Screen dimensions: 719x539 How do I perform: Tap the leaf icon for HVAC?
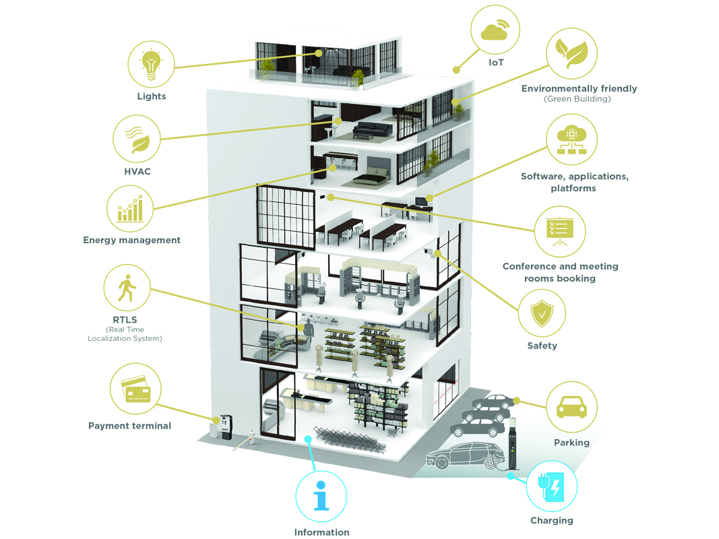tap(137, 139)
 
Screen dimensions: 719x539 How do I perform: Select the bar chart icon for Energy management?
tap(130, 209)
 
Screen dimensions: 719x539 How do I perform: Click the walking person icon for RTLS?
tap(127, 288)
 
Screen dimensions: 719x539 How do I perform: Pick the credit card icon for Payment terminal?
tap(135, 389)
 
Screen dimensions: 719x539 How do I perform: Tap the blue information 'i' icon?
tap(321, 496)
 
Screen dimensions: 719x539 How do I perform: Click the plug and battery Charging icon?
tap(552, 486)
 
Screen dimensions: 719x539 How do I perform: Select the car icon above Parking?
tap(571, 407)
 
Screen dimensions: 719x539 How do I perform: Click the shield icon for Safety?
tap(542, 313)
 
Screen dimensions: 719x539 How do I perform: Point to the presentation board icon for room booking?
tap(560, 232)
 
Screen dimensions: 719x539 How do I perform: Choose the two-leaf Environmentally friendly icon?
tap(571, 53)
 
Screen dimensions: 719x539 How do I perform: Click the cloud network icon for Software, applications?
tap(571, 139)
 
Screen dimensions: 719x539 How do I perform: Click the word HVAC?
tap(137, 171)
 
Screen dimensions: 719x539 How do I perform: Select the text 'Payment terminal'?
tap(130, 426)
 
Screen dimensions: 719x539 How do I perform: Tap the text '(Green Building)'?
tap(577, 99)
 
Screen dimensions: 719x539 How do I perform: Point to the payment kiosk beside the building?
tap(226, 426)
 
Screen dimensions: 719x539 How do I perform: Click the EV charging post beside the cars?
tap(513, 444)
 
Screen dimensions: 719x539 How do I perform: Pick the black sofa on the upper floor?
tap(373, 130)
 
